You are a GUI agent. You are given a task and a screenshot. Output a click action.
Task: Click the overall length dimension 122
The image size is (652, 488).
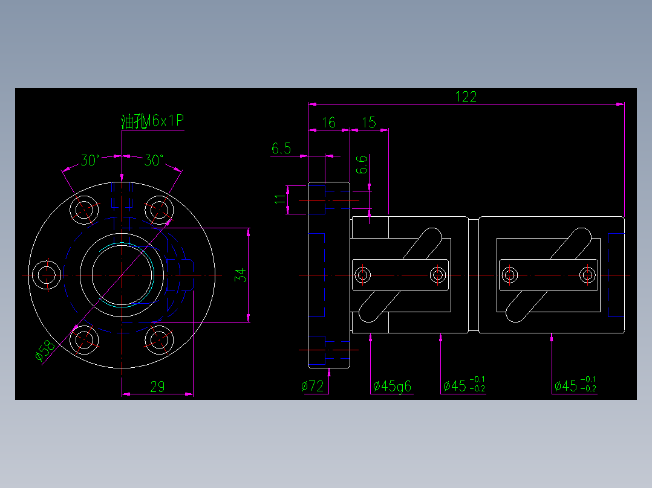466,97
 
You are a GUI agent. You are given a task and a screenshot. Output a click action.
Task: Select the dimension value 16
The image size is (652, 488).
328,123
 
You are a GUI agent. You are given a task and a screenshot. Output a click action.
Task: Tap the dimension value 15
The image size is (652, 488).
368,123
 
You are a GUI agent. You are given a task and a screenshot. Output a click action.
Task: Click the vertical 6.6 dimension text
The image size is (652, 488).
362,165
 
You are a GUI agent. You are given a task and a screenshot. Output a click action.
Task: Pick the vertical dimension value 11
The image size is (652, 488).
280,199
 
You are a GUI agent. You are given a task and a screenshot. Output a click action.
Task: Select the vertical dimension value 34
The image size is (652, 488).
241,275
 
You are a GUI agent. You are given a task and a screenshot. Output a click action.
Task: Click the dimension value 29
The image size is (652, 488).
157,387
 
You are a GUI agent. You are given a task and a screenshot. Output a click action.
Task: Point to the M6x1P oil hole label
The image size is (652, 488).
153,121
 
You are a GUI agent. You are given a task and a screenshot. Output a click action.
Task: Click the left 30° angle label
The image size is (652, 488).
90,161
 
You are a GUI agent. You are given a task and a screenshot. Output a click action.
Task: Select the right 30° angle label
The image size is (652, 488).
154,161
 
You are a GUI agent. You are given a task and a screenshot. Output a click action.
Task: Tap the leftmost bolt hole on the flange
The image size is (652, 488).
46,275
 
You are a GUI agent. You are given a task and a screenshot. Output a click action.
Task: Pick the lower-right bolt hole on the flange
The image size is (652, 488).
160,341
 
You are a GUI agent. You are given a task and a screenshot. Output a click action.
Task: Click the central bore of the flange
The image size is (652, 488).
122,275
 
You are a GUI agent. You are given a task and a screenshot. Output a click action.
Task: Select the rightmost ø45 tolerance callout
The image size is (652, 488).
575,386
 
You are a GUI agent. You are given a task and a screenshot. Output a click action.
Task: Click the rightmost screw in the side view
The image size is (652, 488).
587,275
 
